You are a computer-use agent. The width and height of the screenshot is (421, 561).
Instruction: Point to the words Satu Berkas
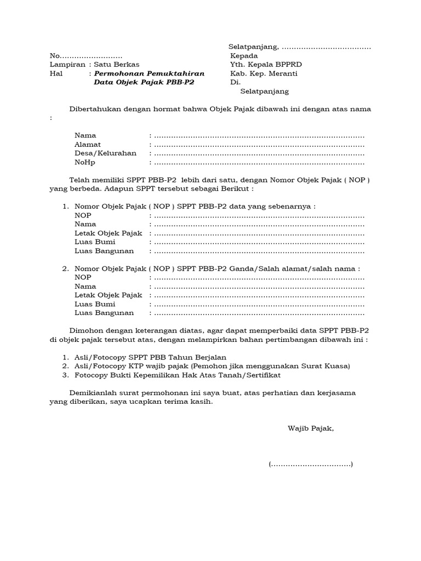[x=117, y=65]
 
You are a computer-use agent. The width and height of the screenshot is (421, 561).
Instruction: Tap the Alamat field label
[x=88, y=145]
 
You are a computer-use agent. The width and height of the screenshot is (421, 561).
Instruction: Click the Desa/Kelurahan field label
[x=105, y=153]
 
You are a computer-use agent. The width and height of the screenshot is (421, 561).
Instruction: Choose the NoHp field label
[x=86, y=163]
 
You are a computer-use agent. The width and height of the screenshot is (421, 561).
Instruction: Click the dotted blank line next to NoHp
[x=259, y=163]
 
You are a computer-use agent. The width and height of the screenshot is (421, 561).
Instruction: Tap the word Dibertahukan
[x=94, y=109]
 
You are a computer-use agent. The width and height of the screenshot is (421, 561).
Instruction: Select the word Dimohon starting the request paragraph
[x=85, y=330]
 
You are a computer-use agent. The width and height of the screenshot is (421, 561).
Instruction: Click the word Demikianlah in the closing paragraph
[x=91, y=393]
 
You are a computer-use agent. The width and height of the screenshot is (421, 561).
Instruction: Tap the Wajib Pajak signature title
[x=311, y=428]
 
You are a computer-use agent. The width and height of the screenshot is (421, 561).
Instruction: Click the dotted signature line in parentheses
[x=311, y=465]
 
